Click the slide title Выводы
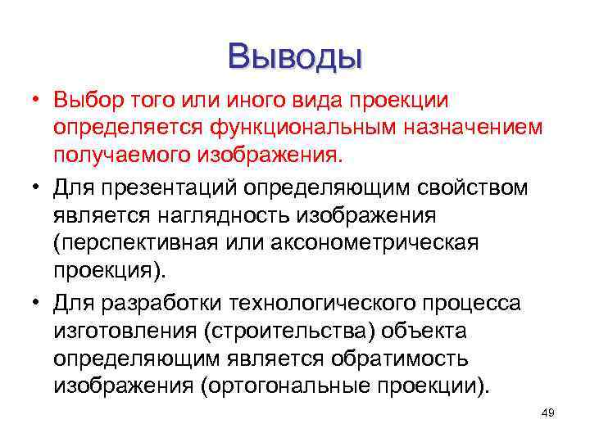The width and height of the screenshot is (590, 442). (295, 56)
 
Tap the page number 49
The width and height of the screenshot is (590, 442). (548, 413)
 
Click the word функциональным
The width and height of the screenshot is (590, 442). (300, 129)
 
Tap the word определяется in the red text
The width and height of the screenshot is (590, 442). (129, 129)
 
